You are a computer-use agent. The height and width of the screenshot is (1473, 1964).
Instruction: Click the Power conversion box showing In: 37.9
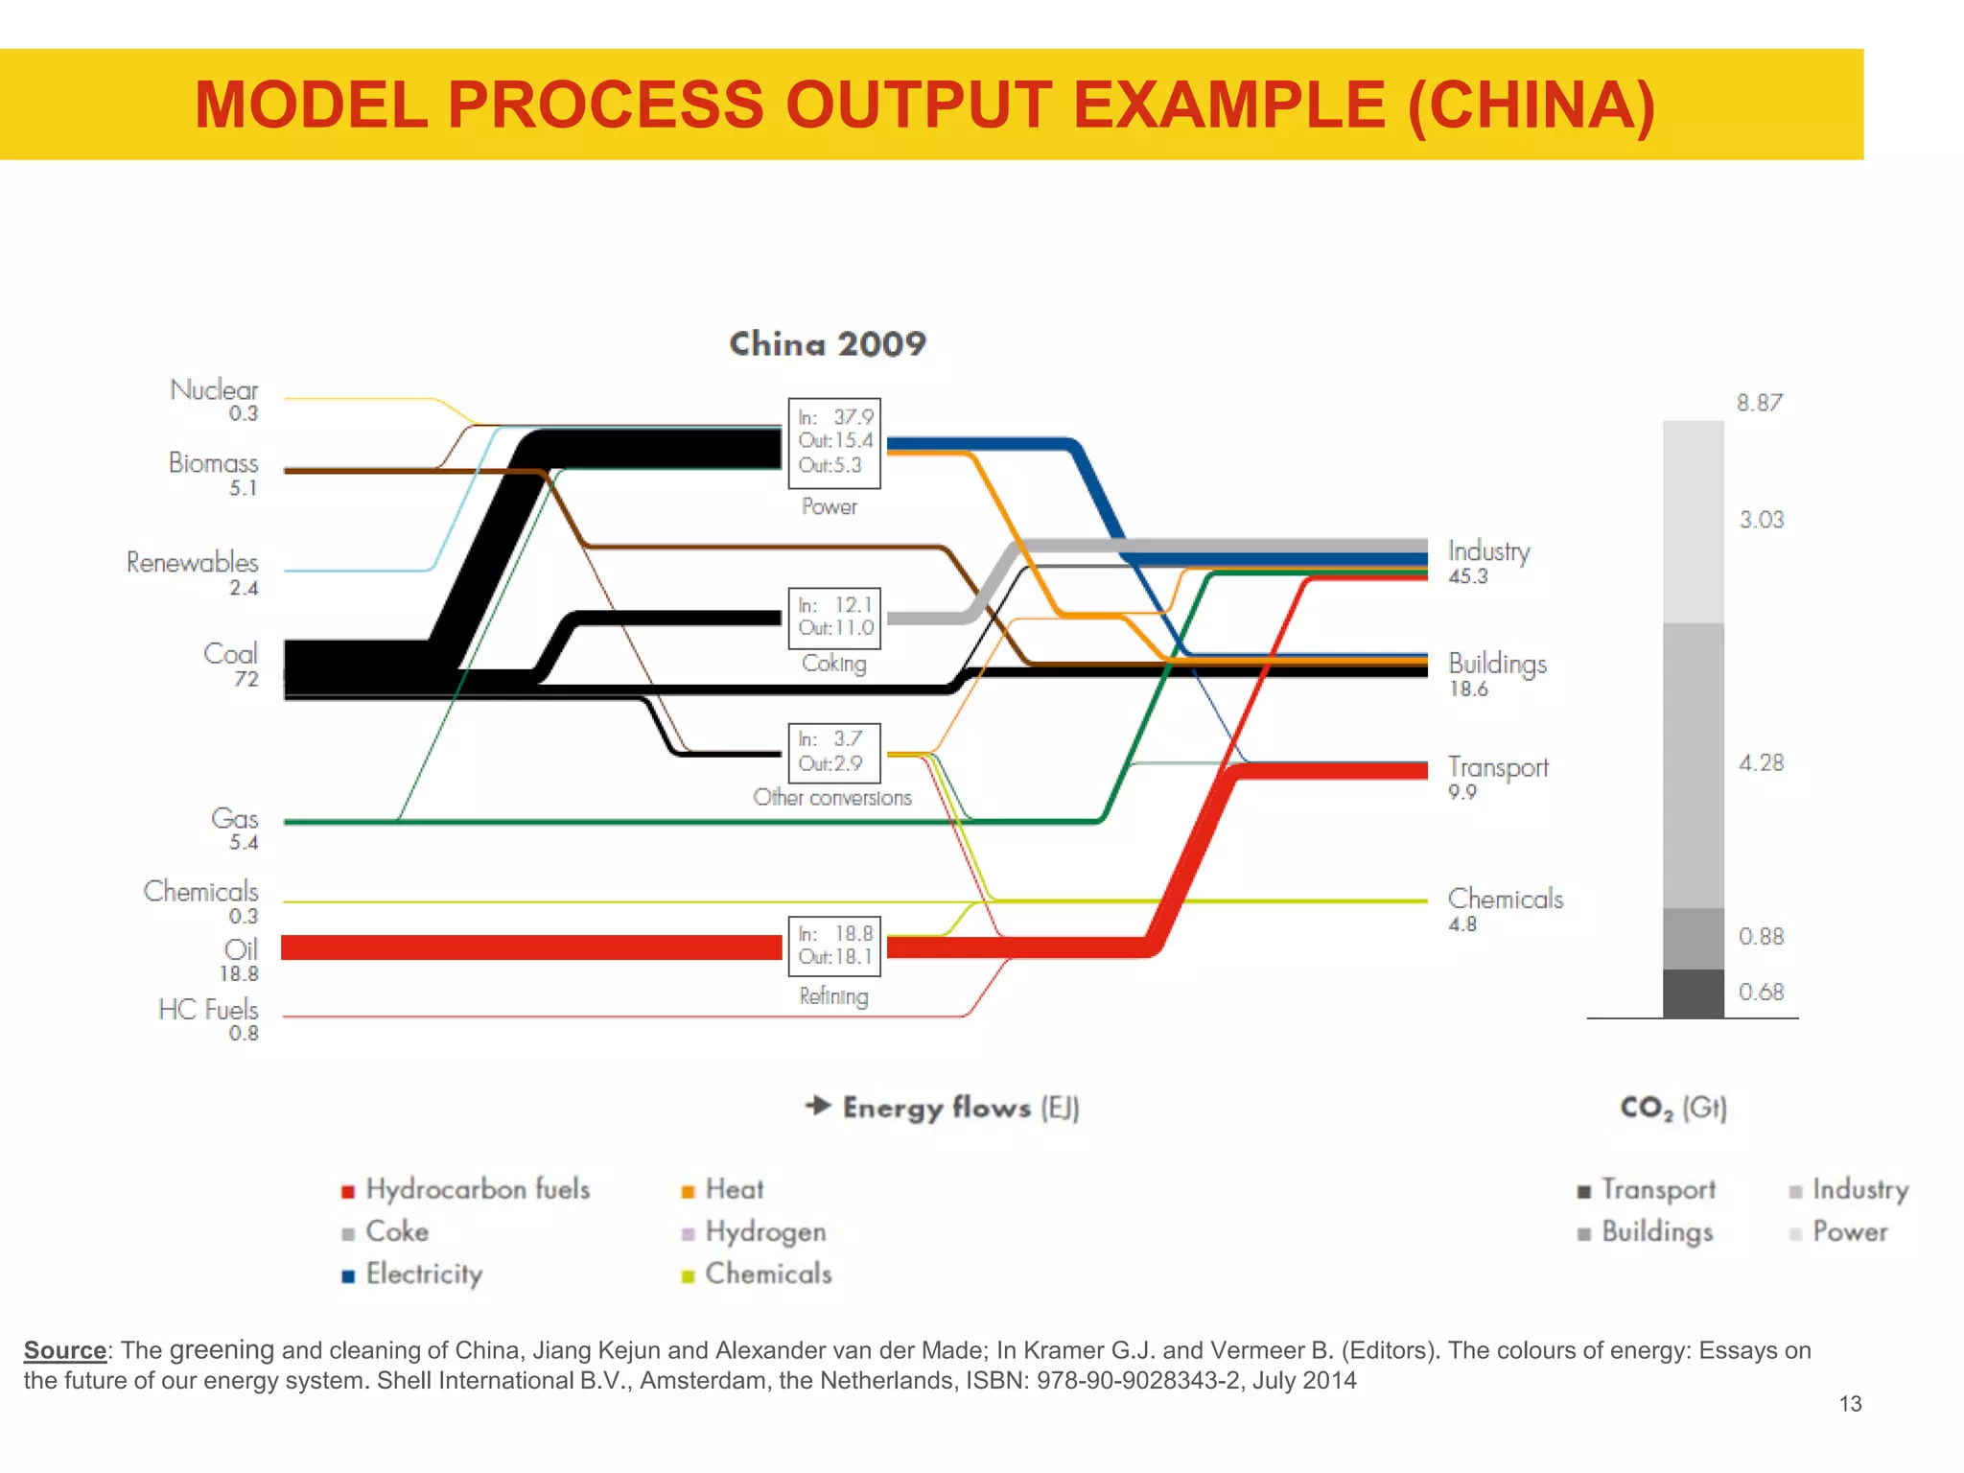point(833,442)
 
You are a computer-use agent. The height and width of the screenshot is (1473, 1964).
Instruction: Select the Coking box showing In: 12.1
point(833,618)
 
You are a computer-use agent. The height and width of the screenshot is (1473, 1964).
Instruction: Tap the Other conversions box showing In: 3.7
point(833,752)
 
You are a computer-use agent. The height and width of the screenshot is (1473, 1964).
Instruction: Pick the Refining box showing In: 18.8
point(833,946)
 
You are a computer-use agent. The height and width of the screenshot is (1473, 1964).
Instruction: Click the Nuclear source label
point(214,390)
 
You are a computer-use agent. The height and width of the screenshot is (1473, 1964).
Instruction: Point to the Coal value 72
point(245,679)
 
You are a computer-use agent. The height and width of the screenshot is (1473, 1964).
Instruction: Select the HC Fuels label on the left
point(208,1010)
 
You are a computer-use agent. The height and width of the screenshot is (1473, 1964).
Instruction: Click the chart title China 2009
point(828,344)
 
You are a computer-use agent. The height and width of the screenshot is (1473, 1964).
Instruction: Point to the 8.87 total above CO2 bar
point(1759,403)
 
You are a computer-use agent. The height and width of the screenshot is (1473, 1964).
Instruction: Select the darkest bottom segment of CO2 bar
point(1693,994)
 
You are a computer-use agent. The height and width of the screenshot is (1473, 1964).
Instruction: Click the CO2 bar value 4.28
point(1761,763)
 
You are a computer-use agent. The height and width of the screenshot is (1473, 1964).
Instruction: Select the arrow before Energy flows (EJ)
point(818,1106)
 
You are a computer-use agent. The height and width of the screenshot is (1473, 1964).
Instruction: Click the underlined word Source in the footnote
point(65,1350)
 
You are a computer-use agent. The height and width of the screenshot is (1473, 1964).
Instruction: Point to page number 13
point(1850,1404)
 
